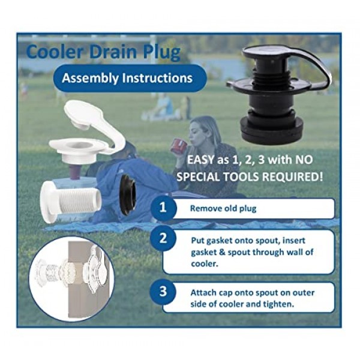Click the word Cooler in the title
point(55,52)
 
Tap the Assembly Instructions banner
point(130,78)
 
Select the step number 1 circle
point(163,208)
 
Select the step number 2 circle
point(163,238)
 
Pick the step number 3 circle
point(163,292)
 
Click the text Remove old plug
point(223,208)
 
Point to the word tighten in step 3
point(279,304)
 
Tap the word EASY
point(200,160)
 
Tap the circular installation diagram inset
point(71,278)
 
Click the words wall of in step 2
point(301,252)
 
